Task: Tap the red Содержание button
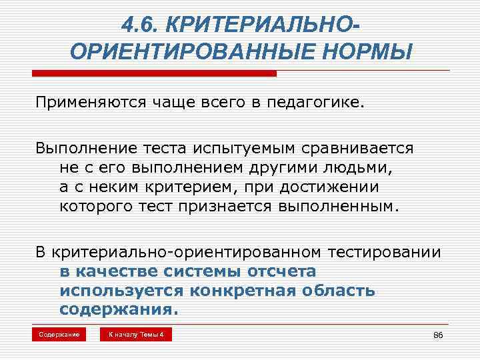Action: coord(58,334)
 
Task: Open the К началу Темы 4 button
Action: coord(136,334)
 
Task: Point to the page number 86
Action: coord(437,335)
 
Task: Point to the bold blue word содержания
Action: coord(119,310)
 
